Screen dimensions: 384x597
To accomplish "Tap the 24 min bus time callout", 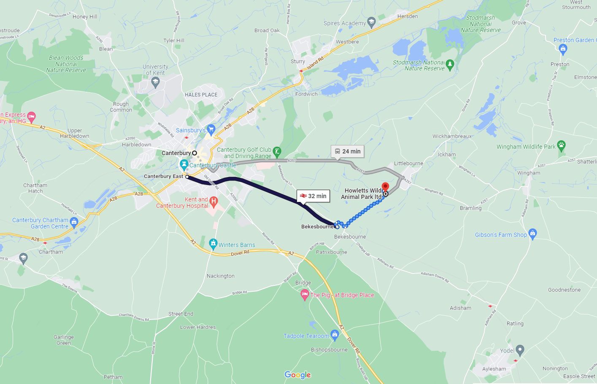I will coord(347,151).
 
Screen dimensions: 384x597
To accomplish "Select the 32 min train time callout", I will coord(313,196).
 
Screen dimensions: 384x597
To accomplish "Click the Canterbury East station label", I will coord(163,176).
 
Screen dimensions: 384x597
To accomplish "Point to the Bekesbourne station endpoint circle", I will coord(337,227).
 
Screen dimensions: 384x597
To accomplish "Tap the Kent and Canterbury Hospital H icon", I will coord(213,202).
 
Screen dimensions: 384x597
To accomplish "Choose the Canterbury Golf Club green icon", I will coord(277,152).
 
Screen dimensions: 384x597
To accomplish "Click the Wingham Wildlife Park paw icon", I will coord(561,146).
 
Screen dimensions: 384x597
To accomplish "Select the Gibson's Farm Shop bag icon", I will coord(532,234).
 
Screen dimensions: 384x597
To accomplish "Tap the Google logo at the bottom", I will coord(297,375).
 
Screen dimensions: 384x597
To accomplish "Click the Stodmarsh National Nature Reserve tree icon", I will coord(450,65).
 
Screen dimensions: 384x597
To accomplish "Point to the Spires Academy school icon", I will coord(371,22).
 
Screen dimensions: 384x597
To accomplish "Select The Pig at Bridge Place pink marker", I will coord(304,295).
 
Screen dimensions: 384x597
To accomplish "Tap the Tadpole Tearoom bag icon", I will coord(335,336).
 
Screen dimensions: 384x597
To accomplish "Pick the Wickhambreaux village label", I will coord(452,136).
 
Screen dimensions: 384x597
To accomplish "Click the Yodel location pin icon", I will coord(520,350).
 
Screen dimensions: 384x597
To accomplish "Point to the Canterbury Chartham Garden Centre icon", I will coord(74,223).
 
